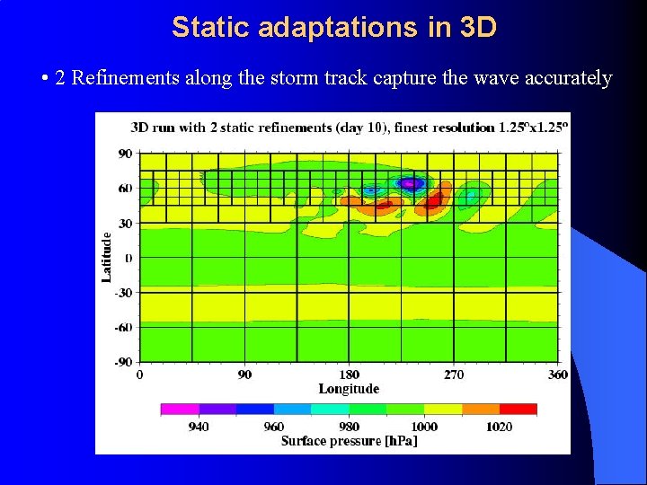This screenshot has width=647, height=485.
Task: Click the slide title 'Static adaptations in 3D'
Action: coord(333,27)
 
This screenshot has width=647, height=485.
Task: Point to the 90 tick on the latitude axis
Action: coord(125,154)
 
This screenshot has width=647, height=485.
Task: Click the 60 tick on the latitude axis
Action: coord(125,189)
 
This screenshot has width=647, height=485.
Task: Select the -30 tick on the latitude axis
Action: coord(123,293)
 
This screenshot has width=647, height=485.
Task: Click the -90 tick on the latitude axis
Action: coord(123,362)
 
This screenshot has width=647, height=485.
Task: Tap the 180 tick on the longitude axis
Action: coord(349,375)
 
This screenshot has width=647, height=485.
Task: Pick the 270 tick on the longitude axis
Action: coord(454,375)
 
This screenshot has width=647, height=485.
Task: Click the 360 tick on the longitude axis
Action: coord(558,375)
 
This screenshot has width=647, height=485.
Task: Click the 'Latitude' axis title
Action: coord(107,257)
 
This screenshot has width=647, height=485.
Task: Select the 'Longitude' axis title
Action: coord(349,389)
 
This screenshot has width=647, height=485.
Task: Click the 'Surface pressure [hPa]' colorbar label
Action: coord(349,441)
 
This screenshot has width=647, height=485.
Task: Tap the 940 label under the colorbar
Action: coord(199,427)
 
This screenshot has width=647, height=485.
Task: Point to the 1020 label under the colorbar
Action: coord(500,427)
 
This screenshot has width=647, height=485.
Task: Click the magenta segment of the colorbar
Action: coord(180,410)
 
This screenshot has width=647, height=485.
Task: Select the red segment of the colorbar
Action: coord(518,410)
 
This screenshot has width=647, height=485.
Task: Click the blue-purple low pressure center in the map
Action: coord(411,183)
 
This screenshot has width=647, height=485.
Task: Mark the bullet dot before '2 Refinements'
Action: coord(45,79)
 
